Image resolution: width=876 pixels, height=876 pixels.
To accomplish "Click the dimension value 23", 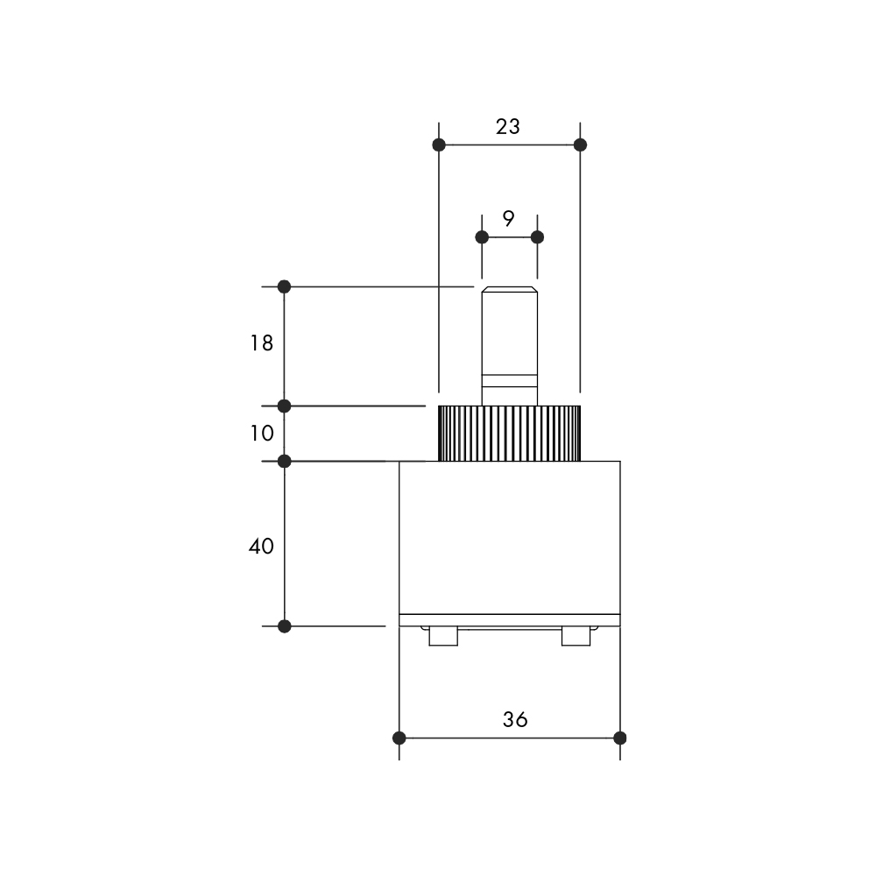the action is (x=508, y=127).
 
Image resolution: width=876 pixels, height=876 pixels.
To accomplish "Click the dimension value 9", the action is (x=508, y=218).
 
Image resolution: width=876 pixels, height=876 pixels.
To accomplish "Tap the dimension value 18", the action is (x=261, y=343).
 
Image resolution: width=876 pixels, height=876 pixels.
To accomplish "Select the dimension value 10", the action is (x=261, y=433).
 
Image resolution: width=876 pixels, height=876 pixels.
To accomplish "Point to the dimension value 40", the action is (x=261, y=546).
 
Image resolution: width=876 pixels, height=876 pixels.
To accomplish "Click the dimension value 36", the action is (x=514, y=719).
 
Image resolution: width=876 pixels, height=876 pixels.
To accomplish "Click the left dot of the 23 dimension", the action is (x=439, y=145).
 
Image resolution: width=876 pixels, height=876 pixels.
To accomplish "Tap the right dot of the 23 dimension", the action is (x=580, y=145).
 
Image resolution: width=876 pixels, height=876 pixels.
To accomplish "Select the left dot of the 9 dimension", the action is (x=482, y=237).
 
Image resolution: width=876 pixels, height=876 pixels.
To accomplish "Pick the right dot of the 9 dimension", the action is (x=537, y=237).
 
